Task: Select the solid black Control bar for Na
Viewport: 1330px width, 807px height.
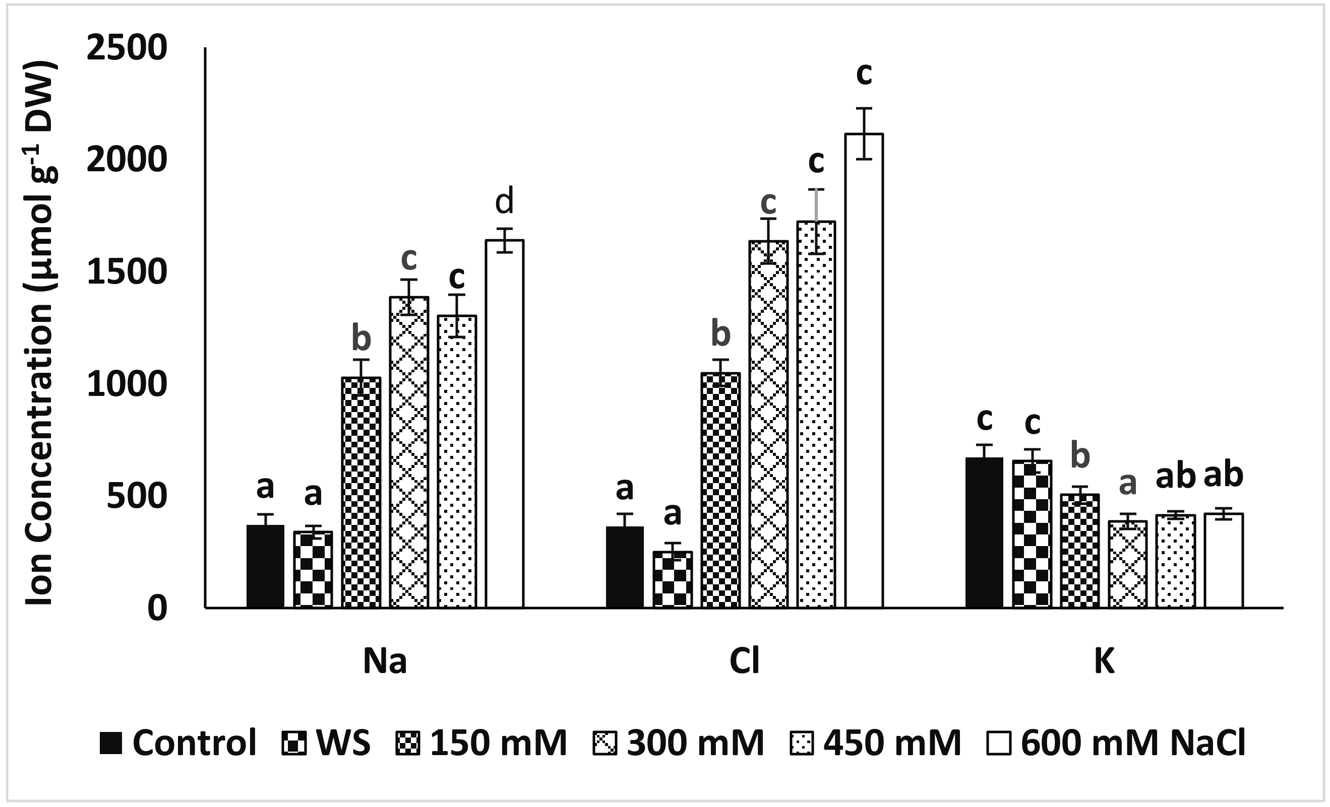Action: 265,566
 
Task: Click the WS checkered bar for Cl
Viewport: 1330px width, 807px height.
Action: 673,579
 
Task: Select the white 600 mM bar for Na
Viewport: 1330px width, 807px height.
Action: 505,424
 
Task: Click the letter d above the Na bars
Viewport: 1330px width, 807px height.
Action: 505,201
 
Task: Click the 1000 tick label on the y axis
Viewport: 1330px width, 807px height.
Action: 127,385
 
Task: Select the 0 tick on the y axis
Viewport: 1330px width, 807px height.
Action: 158,609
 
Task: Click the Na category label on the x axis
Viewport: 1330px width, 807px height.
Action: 384,661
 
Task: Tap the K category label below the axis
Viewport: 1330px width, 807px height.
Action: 1104,661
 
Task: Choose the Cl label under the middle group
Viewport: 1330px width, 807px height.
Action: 744,661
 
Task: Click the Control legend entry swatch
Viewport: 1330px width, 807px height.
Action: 111,744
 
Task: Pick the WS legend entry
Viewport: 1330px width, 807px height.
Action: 327,744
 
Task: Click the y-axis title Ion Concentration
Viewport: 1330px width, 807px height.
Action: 40,334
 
